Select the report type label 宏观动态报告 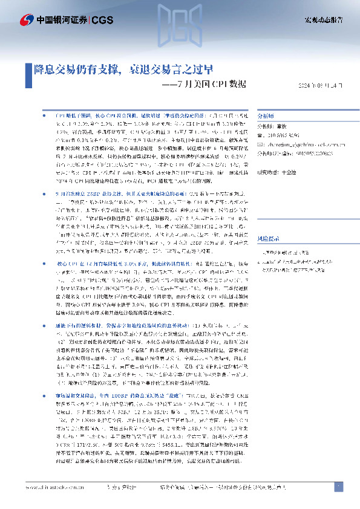[x=323, y=21]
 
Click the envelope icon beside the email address [x=261, y=145]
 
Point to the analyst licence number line [x=296, y=154]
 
